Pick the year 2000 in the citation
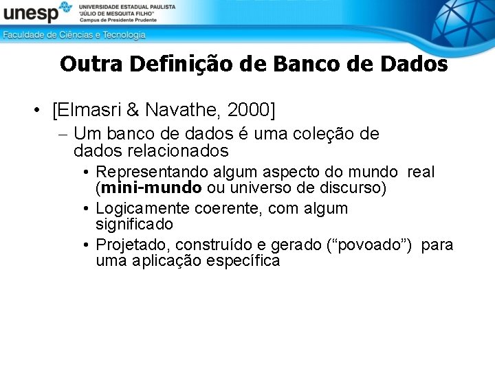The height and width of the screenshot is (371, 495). (248, 109)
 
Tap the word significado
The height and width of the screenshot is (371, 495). (134, 224)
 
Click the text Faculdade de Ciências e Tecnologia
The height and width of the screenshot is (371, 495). (74, 34)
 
